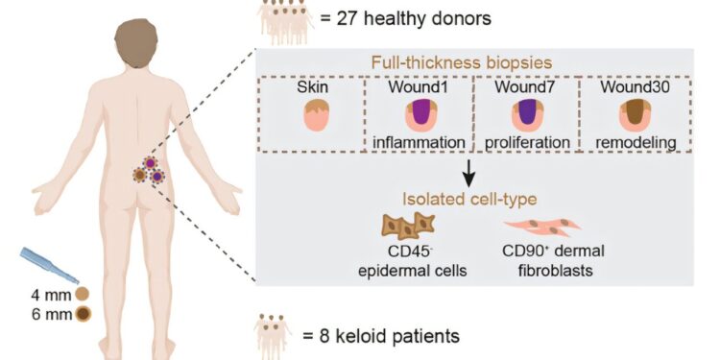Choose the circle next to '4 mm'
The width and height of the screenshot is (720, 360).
coord(84,293)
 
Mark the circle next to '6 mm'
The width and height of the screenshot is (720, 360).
coord(84,312)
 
